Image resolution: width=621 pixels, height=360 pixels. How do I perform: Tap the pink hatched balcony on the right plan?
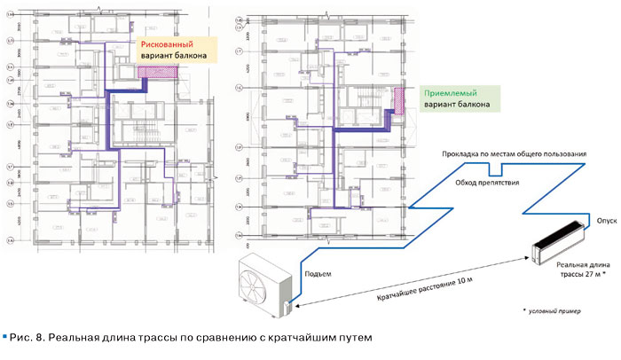(399, 100)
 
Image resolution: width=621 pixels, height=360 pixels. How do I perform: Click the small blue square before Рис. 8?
(6, 337)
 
